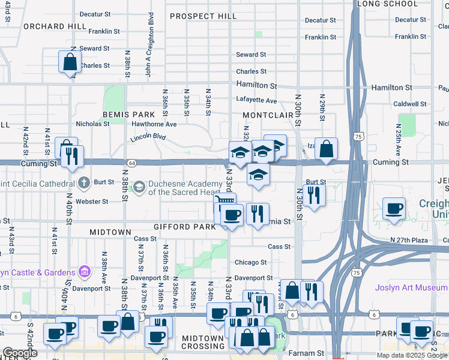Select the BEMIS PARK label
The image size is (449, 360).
click(x=124, y=114)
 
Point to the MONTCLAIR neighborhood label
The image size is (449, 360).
click(x=267, y=115)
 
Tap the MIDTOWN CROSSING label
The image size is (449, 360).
click(x=203, y=342)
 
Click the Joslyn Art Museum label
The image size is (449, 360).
click(x=411, y=287)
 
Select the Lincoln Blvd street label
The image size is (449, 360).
click(x=147, y=138)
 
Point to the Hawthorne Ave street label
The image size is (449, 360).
click(x=154, y=124)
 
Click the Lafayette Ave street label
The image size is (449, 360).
click(x=256, y=101)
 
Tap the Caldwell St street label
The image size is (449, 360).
click(x=410, y=104)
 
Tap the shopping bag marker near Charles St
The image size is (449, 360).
click(x=70, y=61)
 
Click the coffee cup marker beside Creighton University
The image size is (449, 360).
click(x=394, y=209)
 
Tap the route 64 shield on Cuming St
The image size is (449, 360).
click(x=131, y=163)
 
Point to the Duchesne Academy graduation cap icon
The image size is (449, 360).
click(x=139, y=187)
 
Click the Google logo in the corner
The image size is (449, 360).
click(x=20, y=353)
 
